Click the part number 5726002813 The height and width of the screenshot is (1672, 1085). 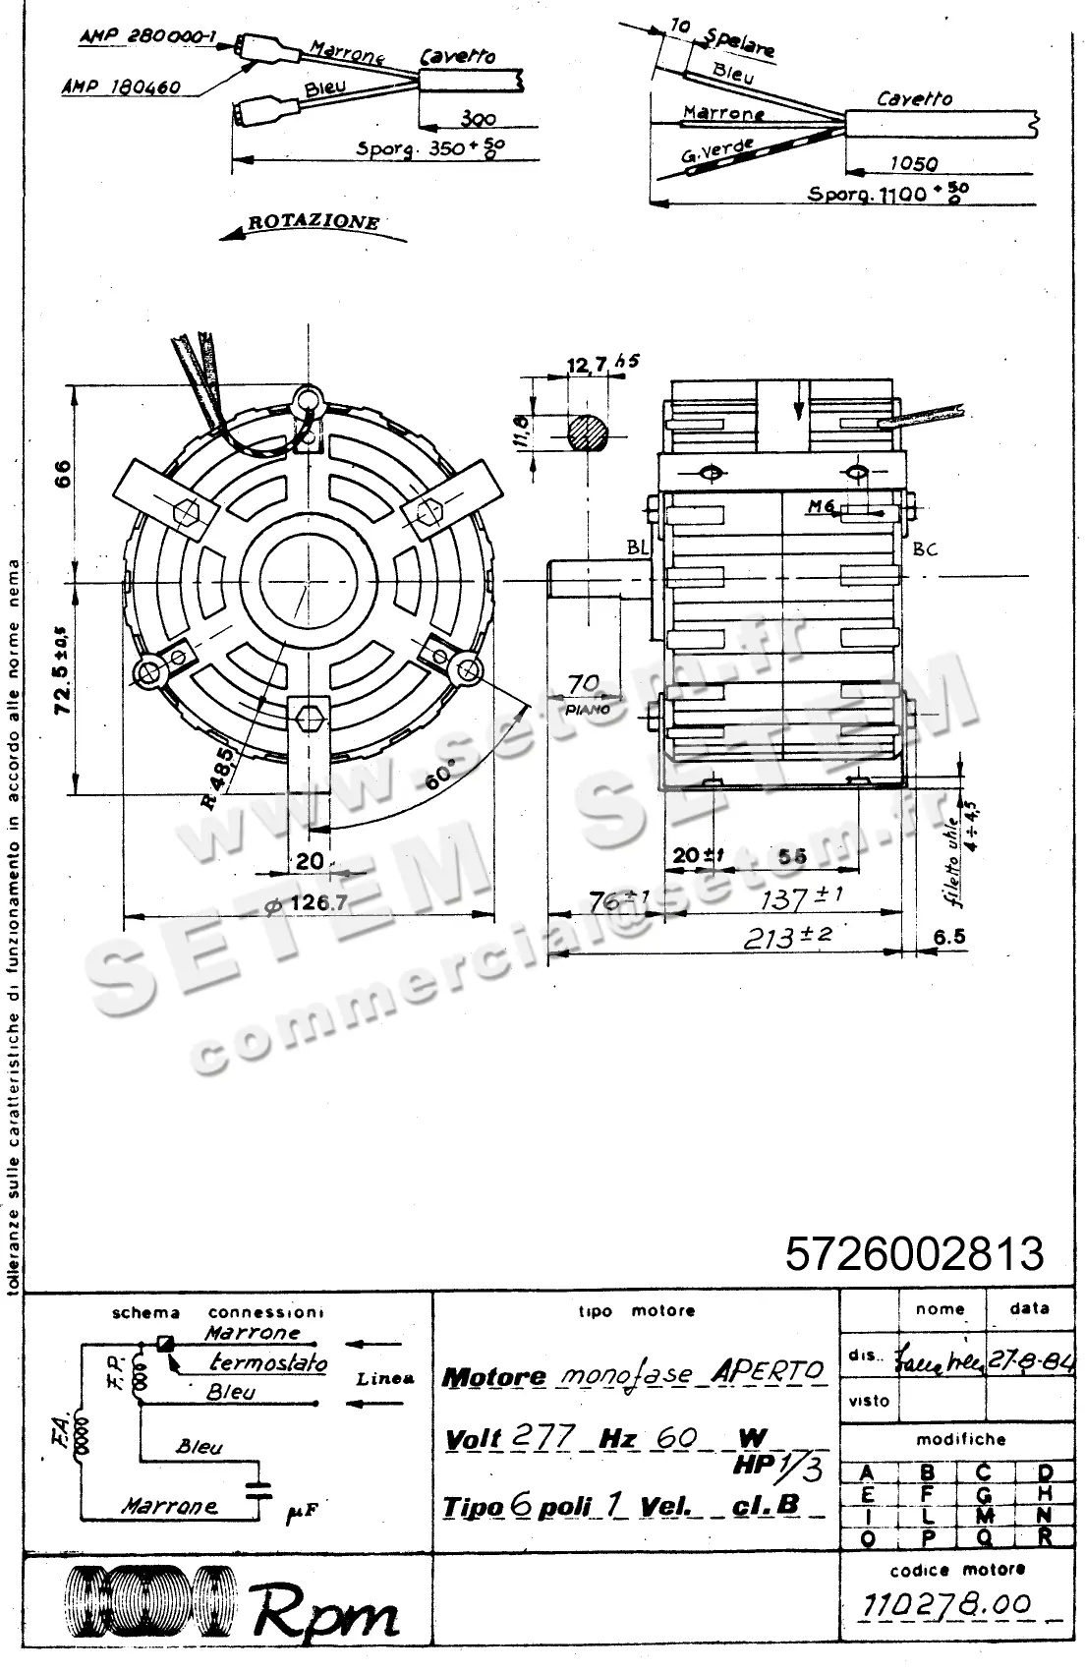(914, 1254)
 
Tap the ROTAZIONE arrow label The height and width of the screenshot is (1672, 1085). (313, 222)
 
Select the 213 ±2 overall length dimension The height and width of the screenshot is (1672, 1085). (786, 937)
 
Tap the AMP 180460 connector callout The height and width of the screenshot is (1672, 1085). (121, 87)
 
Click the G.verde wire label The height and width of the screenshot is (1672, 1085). (716, 154)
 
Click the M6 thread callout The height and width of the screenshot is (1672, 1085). (821, 506)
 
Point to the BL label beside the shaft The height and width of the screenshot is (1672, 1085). (637, 548)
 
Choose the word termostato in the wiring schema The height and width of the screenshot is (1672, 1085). (267, 1363)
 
